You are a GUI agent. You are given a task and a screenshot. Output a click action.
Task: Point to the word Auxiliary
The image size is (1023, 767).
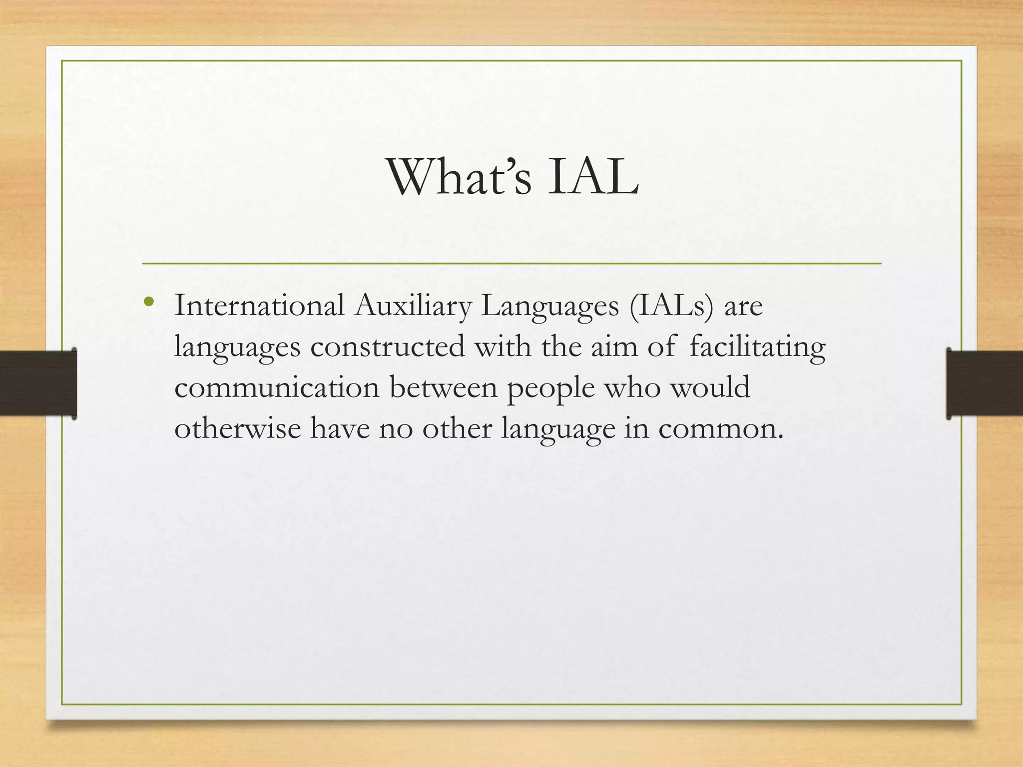[413, 306]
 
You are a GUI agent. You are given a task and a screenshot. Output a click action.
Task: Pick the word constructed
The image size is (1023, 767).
[388, 346]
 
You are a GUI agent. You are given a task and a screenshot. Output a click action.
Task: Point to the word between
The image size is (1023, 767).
[444, 387]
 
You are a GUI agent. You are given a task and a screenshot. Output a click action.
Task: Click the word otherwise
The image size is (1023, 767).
[237, 428]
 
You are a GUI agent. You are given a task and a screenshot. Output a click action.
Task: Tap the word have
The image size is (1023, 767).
[340, 428]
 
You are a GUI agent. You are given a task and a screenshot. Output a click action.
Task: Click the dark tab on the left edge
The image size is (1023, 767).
[38, 383]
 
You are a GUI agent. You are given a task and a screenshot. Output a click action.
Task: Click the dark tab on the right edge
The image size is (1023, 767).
[985, 383]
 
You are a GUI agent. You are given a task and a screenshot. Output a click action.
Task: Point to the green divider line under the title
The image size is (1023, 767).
[511, 263]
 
